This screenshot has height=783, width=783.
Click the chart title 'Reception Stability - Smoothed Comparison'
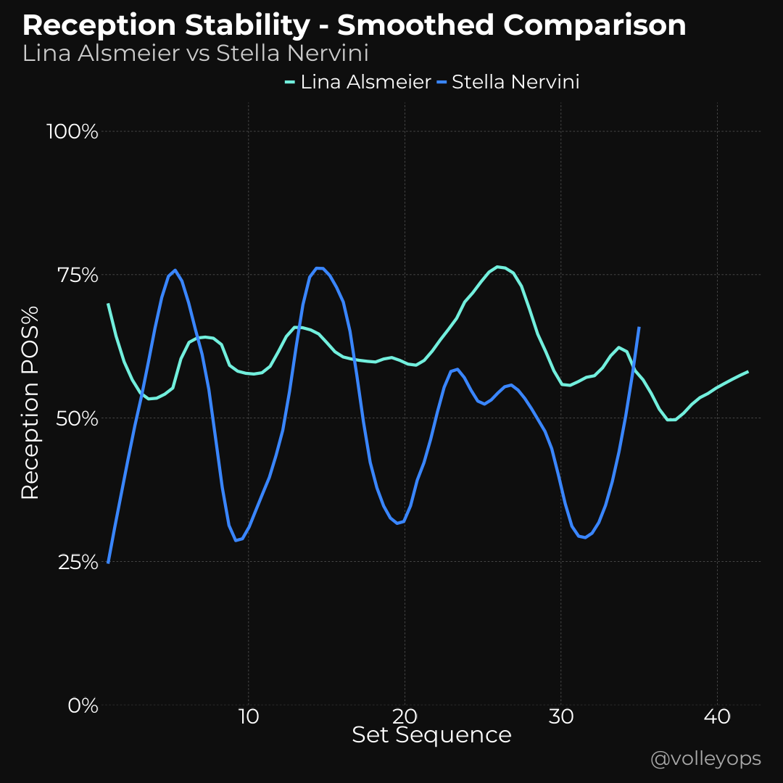click(x=354, y=26)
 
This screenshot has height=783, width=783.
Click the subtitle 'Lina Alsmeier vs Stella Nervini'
click(x=196, y=54)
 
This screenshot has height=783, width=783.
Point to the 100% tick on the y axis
click(x=72, y=132)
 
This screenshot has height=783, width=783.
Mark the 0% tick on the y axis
click(x=81, y=705)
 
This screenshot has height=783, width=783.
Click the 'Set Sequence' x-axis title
click(x=431, y=735)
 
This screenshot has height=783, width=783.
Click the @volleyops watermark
click(x=705, y=759)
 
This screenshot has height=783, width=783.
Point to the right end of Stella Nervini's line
click(x=639, y=328)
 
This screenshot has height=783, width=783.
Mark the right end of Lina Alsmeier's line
click(x=747, y=372)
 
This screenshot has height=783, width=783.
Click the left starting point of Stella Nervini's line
click(x=108, y=562)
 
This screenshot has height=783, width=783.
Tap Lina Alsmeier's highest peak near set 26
click(x=498, y=267)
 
